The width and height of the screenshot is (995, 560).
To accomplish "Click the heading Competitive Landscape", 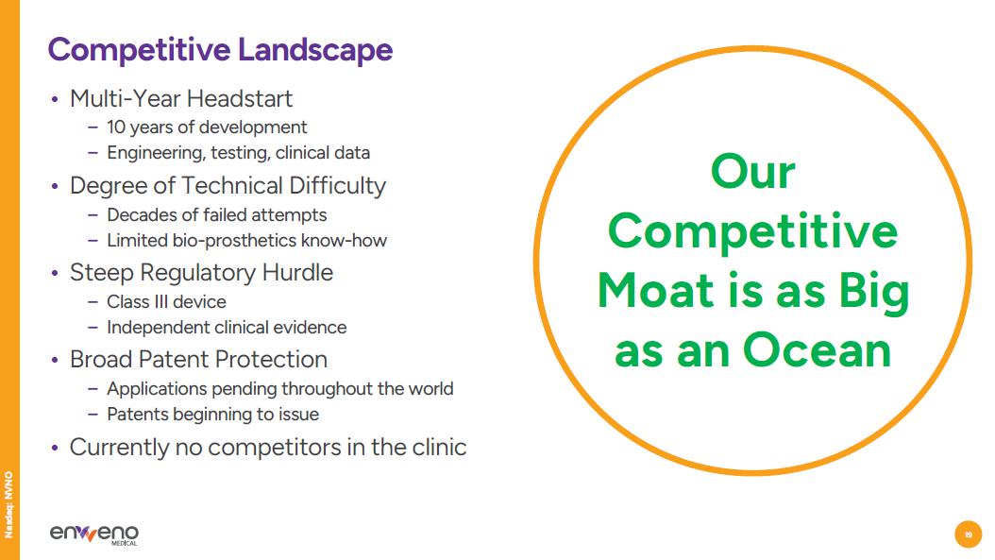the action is coord(220,49).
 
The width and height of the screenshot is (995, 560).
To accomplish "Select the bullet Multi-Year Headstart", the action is coord(181,99).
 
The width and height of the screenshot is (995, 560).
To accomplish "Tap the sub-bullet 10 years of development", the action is coord(207,127).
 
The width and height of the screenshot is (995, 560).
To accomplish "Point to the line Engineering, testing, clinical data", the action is coord(238,153).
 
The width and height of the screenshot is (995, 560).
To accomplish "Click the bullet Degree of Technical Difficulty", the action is coord(228,186).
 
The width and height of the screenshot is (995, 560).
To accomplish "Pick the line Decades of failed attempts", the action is coord(216,214).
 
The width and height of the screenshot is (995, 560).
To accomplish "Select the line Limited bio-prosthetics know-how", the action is coord(246,241).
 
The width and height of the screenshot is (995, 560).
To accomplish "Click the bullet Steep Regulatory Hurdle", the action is coord(201,273).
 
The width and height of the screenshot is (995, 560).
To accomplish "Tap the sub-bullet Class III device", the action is coord(166,301).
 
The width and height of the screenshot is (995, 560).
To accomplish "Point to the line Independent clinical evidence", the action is coord(227,328).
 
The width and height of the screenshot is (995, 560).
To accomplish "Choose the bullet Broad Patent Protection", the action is coord(198,360).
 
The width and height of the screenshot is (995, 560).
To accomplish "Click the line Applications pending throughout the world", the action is coord(279,388).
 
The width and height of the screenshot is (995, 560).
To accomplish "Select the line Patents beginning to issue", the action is coord(212,415).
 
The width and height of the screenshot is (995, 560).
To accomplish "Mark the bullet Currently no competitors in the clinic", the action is coord(268,447).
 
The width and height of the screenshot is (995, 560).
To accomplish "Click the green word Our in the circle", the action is coord(752,172).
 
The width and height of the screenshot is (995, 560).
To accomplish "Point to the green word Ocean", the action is coord(818,350).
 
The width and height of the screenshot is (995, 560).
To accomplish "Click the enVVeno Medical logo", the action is coord(93,534).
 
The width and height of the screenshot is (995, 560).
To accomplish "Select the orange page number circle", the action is coord(968,535).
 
